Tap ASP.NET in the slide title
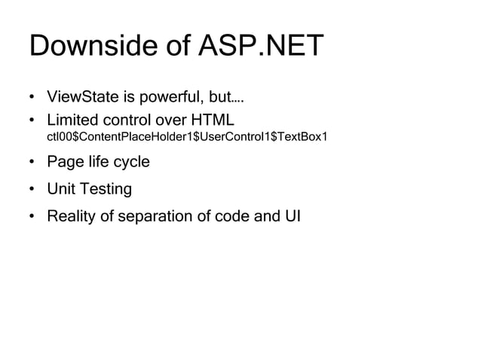click(x=260, y=46)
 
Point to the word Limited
click(x=74, y=120)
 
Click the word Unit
click(x=63, y=189)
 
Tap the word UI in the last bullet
click(x=291, y=217)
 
